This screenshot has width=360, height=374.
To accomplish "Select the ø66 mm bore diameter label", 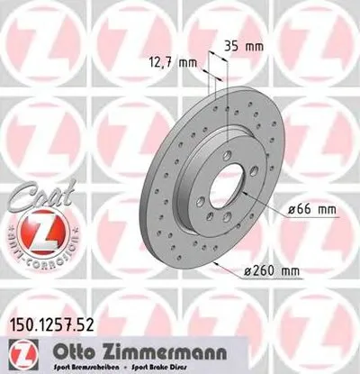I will coord(312,209).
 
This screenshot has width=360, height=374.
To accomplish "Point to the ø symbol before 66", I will coord(296,209).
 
